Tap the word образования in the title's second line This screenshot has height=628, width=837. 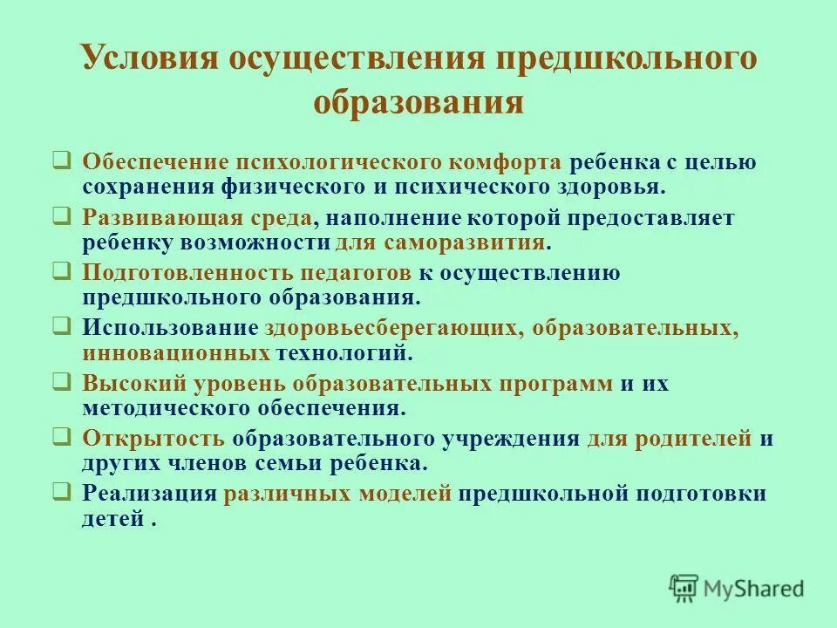pos(418,102)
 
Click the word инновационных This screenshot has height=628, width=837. pos(176,352)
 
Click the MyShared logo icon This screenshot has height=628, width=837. pos(684,587)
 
